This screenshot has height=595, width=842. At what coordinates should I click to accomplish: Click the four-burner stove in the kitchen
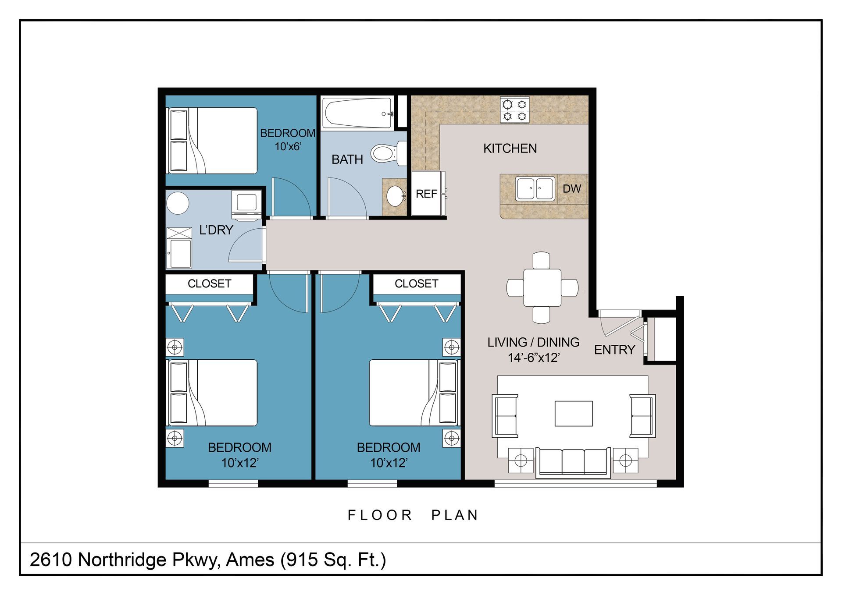pos(515,110)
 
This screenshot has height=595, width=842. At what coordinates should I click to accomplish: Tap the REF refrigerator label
pos(426,194)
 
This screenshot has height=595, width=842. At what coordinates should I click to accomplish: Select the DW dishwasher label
pos(572,189)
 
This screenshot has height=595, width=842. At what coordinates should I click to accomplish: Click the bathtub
pos(357,113)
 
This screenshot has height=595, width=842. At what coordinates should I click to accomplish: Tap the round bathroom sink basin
pos(396,196)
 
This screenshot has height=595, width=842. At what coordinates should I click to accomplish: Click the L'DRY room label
pos(216,230)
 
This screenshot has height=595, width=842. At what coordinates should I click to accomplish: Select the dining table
pos(542,288)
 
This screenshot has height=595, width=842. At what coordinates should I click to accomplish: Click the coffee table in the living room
pos(574,414)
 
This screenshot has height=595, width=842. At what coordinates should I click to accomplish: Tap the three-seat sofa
pos(573,462)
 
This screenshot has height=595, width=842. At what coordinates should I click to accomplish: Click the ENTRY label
pos(614,350)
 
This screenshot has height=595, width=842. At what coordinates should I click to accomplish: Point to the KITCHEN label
pos(510,149)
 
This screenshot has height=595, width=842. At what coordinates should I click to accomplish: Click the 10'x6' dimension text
pos(288,146)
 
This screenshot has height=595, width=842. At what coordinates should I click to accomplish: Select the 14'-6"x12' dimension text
pos(534,358)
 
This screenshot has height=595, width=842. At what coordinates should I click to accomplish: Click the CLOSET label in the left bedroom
pos(209,283)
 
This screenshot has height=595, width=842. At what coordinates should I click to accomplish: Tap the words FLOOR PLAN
pos(413,515)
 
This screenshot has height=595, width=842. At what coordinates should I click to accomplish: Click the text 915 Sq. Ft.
pos(333,560)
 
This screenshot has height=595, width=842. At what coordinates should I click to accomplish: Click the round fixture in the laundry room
pos(178,203)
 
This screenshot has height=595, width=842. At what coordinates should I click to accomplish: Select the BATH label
pos(347,159)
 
